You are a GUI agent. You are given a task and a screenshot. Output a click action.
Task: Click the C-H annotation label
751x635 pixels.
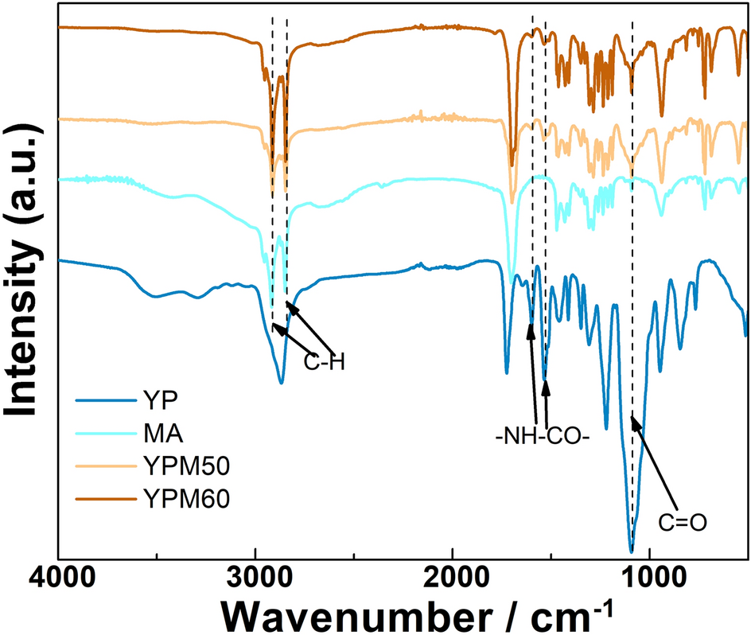(x=324, y=362)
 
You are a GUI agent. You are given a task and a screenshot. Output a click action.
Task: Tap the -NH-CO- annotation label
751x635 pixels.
(x=540, y=436)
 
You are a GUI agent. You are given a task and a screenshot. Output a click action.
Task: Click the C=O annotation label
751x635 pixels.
(x=683, y=522)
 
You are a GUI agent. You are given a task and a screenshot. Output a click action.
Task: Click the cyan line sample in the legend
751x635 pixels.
(x=104, y=435)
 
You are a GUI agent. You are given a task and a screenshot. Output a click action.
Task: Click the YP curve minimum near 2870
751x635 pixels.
(x=281, y=383)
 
